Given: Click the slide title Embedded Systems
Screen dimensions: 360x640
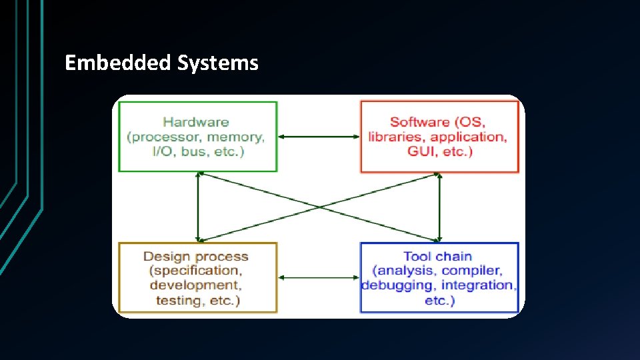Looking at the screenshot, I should pos(161,63).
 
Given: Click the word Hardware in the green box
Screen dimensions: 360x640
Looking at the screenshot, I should pos(195,122).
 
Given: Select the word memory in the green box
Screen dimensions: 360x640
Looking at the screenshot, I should pos(235,137).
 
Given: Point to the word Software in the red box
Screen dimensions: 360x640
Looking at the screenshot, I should pos(419,122).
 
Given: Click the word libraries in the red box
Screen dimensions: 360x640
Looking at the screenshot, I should pos(397,137).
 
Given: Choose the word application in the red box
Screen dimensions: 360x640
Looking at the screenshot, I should pos(469,137).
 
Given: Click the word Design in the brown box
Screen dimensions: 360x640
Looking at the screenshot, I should pos(167,257).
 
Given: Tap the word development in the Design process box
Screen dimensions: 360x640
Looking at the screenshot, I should pos(193,285).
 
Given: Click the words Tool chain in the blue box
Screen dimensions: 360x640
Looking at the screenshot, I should pos(438,257).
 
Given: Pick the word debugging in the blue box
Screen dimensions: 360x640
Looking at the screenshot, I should pos(396,285).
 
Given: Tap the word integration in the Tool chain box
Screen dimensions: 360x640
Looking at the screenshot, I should pos(478,285).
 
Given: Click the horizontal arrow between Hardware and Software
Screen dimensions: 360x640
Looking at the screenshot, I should pos(319,137).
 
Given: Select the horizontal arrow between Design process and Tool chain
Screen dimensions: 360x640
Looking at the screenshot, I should pos(319,277).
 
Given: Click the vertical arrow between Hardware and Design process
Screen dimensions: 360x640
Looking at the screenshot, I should pos(198,207).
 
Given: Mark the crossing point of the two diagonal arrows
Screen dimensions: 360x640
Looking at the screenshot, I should pos(319,207).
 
